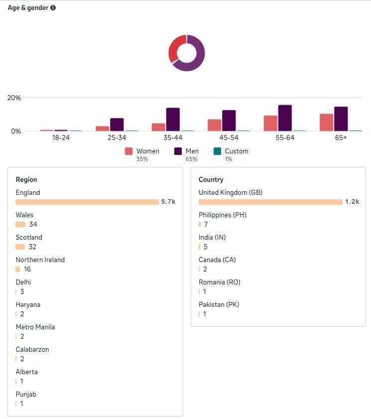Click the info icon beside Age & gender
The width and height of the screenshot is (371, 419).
(53, 8)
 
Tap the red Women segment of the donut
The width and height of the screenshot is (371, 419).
(175, 47)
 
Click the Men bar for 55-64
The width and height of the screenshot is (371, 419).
(285, 118)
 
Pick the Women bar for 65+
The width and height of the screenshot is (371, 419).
(327, 123)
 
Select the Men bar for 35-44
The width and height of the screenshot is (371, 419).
(173, 120)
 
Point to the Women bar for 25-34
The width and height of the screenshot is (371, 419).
(102, 129)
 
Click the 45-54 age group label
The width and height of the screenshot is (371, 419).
(229, 138)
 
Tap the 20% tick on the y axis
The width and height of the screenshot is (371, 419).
(14, 98)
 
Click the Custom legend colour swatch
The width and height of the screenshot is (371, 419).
(217, 151)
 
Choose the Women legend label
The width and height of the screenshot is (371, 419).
(148, 151)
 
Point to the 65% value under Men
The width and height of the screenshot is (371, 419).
(191, 159)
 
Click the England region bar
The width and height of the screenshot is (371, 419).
(87, 202)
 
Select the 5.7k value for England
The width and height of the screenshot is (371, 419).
(168, 202)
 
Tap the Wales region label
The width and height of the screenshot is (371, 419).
(24, 215)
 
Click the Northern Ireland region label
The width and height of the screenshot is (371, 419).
(40, 260)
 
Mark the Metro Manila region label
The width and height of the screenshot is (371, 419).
(35, 327)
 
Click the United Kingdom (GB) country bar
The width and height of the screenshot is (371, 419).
(270, 202)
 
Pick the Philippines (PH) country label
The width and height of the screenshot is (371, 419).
(223, 215)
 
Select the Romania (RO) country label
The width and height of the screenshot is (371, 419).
(220, 282)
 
